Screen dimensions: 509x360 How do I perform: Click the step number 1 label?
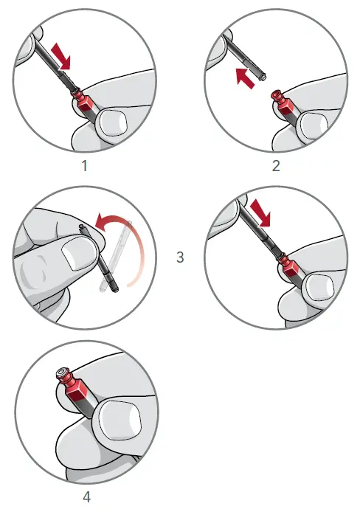tap(86, 166)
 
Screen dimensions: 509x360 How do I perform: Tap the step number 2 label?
tap(276, 166)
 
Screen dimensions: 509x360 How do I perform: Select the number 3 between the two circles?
tap(181, 257)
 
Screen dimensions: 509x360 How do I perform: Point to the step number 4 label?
tap(86, 496)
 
